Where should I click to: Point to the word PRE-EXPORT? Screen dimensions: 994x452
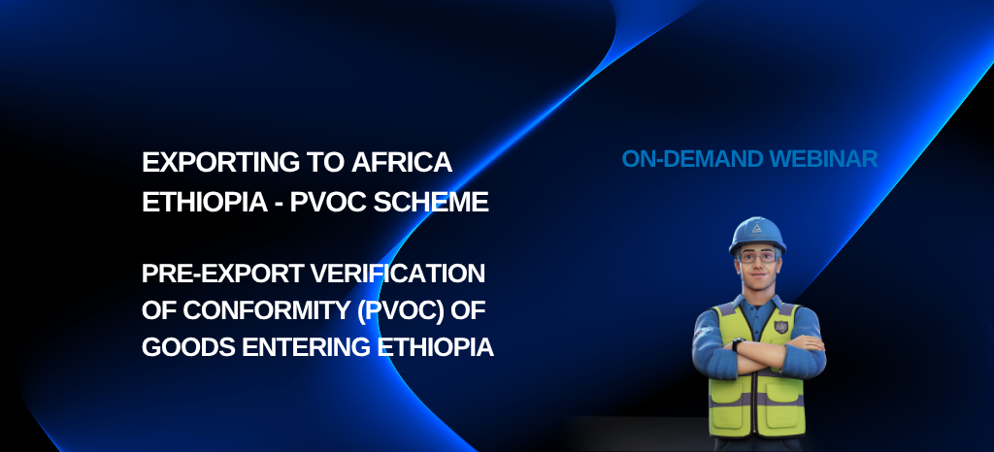coord(222,274)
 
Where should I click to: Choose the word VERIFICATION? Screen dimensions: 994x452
coord(397,274)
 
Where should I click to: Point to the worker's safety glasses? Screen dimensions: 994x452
coord(757,257)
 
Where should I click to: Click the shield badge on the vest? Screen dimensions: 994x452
coord(781,327)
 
